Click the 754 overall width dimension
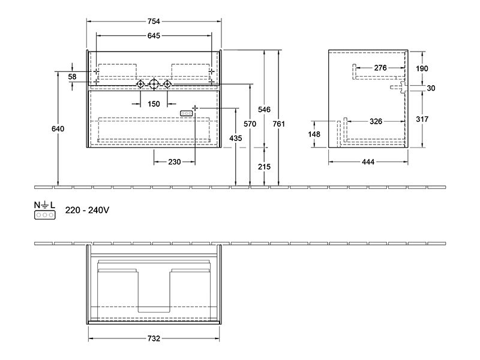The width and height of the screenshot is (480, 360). coord(154,22)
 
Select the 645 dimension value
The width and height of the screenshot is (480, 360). coord(154,36)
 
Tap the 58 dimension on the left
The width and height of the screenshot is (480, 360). coord(72,77)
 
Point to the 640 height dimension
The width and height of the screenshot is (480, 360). coord(58,129)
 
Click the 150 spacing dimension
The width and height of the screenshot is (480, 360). coord(154,104)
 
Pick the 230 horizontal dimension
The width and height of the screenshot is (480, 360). coord(174,161)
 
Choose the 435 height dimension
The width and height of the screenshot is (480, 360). coord(236,139)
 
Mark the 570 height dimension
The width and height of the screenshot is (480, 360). coord(250,124)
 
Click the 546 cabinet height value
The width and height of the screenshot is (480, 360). coord(264,109)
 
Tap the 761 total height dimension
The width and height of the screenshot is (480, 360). coord(278,124)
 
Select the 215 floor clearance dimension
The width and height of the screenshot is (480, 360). coord(264,167)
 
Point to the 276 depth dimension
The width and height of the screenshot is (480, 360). coord(380,68)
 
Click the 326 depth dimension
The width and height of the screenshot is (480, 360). coord(376,122)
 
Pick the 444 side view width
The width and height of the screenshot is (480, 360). coord(368,161)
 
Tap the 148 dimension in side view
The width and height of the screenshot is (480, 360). coord(314,134)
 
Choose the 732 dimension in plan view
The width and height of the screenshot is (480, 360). coord(154,338)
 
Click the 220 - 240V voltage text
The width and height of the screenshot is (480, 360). coord(87,210)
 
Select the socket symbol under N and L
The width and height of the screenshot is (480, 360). coord(44,215)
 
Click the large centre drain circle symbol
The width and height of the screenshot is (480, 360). coord(154,84)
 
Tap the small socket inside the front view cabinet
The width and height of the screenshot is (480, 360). coord(186,113)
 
